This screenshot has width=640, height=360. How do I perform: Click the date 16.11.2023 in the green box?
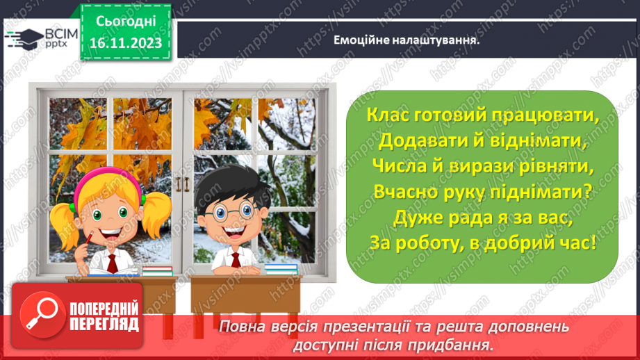pos(126,43)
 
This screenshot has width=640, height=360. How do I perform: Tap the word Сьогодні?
pos(126,22)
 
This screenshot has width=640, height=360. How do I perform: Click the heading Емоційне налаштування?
pos(407,40)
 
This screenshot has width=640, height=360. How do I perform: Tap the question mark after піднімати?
pos(588,191)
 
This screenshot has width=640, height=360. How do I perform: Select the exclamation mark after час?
pos(593,243)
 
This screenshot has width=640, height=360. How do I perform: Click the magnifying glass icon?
pos(42,315)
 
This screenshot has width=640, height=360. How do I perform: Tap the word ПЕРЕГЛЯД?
pos(104,325)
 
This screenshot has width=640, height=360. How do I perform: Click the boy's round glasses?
pos(233,212)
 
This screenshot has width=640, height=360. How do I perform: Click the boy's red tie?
pos(236,260)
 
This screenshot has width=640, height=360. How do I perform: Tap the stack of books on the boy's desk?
pos(281,270)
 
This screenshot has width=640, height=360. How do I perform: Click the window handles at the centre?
pos(183,184)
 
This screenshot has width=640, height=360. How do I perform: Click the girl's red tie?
pos(113,263)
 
